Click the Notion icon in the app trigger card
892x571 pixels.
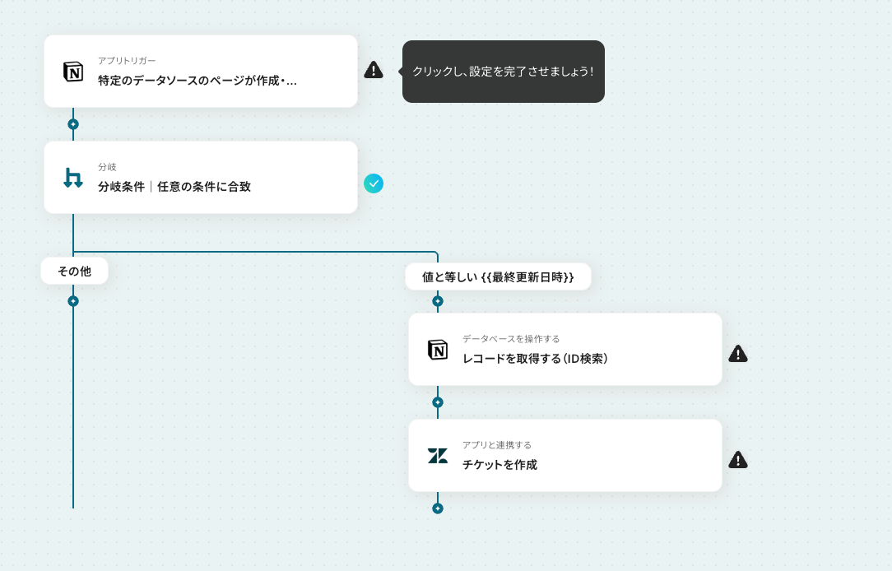tap(72, 72)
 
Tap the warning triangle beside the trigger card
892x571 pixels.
tap(374, 70)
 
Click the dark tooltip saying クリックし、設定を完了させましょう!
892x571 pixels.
tap(503, 72)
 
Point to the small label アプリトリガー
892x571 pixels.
tap(127, 61)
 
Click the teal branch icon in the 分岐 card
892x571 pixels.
tap(72, 178)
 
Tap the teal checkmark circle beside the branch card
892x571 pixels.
tap(374, 183)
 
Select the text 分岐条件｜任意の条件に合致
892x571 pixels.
tap(174, 187)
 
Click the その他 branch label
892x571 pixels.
tap(75, 272)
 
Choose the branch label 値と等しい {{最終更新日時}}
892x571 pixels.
tap(498, 277)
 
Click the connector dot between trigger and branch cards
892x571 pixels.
tap(72, 124)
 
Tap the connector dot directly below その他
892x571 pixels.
tap(72, 301)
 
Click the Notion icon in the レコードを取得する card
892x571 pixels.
tap(438, 349)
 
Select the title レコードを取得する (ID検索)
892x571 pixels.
tap(536, 359)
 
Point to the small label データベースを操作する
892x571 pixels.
tap(511, 339)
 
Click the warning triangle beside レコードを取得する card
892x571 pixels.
tap(738, 354)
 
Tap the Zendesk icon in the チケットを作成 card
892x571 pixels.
tap(438, 456)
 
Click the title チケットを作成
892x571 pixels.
tap(499, 465)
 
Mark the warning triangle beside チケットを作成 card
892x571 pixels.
tap(738, 460)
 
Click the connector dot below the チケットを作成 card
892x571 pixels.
tap(438, 508)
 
